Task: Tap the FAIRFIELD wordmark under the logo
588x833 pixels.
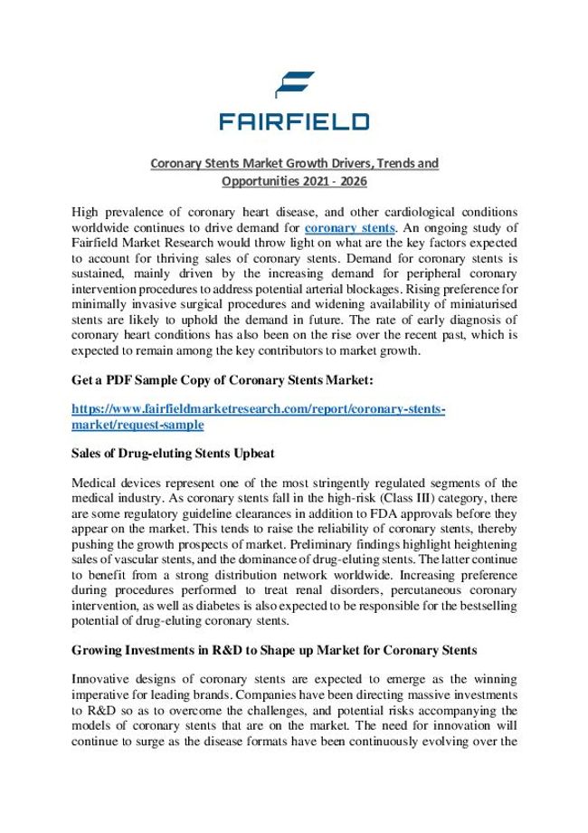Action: point(293,120)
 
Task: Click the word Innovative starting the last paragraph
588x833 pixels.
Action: point(102,680)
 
